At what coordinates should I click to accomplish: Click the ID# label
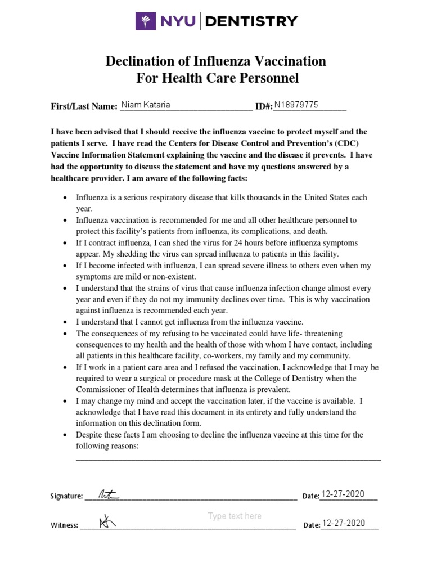264,106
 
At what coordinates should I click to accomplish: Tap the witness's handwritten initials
106,523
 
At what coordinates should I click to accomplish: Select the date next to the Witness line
343,524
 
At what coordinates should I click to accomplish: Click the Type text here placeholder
235,516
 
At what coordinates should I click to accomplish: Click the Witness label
64,525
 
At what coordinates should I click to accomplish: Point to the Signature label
66,496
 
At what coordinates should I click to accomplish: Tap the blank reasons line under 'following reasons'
228,459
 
